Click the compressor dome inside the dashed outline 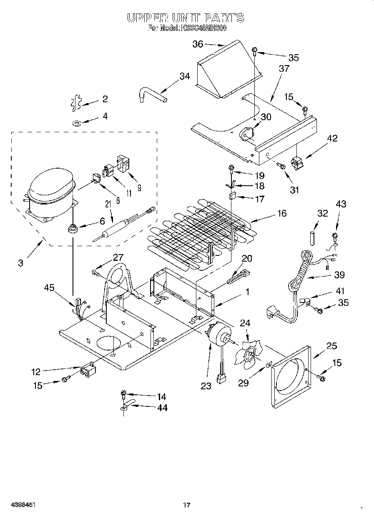click(51, 187)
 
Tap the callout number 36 click(198, 44)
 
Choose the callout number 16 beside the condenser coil click(282, 213)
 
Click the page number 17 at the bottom click(187, 505)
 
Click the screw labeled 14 click(123, 393)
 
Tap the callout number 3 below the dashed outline click(21, 263)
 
